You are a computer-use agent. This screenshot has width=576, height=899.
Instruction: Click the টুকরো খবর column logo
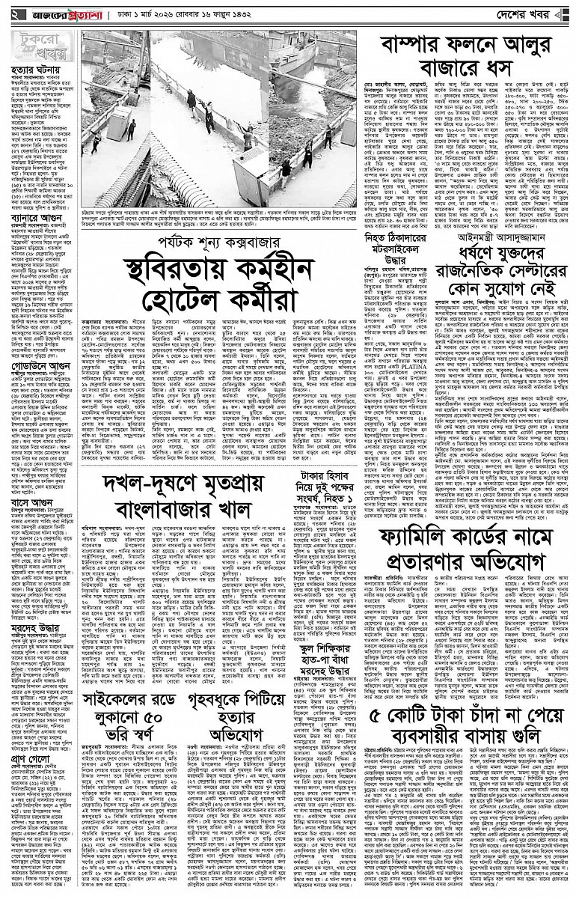coord(37,46)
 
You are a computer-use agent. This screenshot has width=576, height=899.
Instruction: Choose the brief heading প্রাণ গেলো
coord(27,751)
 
